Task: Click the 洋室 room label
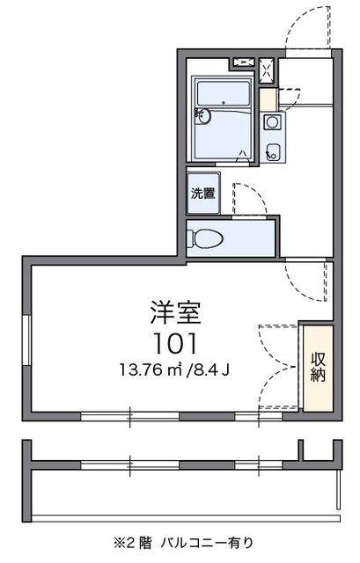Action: point(175,312)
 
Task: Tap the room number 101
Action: point(175,343)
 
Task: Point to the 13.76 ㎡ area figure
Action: point(151,369)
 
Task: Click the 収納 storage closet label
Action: point(318,367)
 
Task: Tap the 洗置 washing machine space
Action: point(203,194)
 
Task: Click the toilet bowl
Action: point(205,238)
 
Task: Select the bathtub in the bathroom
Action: point(223,94)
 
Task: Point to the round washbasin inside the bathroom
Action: point(203,115)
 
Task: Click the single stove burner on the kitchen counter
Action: point(271,122)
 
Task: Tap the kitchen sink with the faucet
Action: point(273,151)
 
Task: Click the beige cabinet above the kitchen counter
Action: point(268,99)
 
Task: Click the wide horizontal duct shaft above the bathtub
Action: point(244,62)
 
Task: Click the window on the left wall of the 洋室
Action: point(26,340)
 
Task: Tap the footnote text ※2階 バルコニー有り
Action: point(183,542)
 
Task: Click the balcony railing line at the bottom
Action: point(186,518)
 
